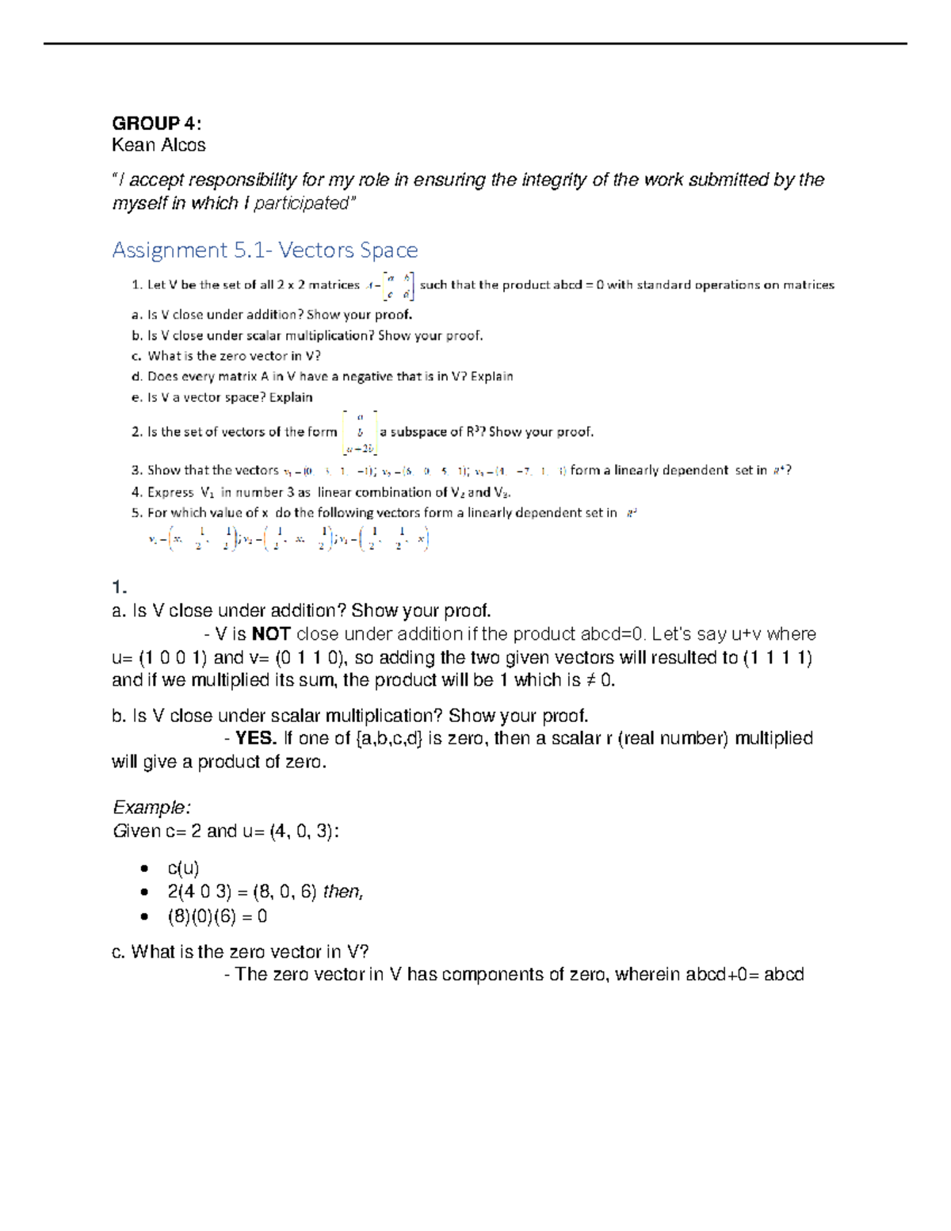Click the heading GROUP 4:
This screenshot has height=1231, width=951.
pos(156,124)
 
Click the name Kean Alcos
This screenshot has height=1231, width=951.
pos(158,145)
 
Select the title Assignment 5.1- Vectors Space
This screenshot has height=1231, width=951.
pos(265,250)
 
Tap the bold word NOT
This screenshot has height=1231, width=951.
pos(271,634)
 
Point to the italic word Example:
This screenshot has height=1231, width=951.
pos(151,808)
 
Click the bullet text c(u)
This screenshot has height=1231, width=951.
pos(183,869)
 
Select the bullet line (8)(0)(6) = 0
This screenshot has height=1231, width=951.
pos(217,917)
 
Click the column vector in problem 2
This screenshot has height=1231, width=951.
pos(359,433)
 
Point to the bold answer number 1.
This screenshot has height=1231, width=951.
pos(120,587)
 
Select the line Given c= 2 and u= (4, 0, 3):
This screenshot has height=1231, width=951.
pos(226,831)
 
